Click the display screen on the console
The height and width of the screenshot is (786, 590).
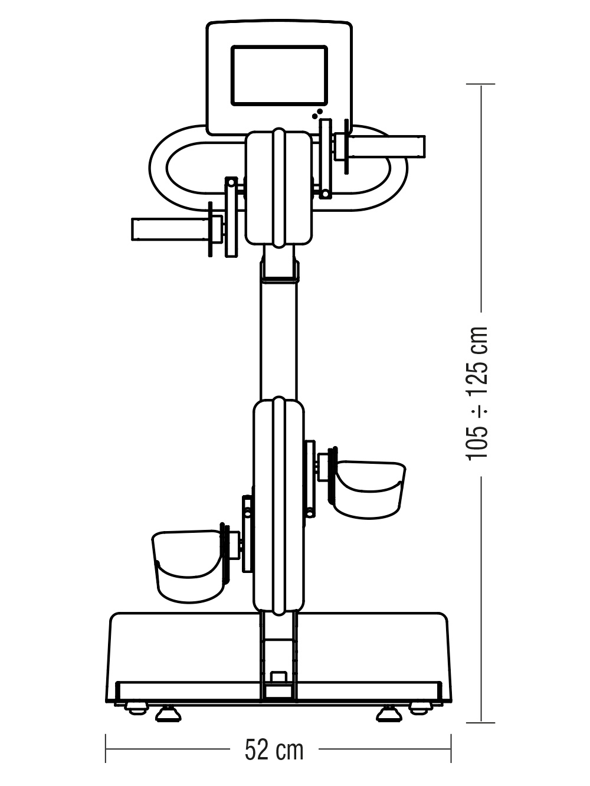(x=279, y=76)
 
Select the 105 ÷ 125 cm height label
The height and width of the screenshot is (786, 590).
(x=478, y=392)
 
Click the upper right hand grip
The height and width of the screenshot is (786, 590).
(x=386, y=146)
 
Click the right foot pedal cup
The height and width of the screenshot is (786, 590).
(x=369, y=490)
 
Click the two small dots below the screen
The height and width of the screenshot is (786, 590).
(x=317, y=113)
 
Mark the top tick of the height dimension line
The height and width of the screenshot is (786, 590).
(x=480, y=84)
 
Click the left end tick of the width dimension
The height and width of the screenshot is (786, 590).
(x=106, y=749)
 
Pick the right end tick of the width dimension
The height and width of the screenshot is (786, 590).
(x=451, y=749)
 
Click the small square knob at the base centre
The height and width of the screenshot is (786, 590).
(x=279, y=676)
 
